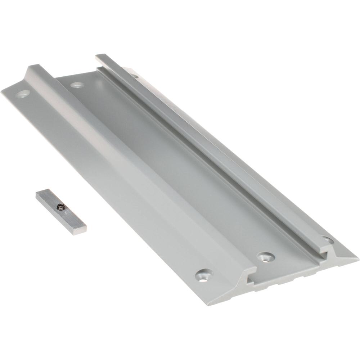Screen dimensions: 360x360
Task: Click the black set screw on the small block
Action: coord(59,207)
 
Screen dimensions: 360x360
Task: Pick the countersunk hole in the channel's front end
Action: coord(266,257)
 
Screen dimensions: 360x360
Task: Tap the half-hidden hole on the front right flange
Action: coord(328,239)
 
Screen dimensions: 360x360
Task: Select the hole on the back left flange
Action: coord(23,94)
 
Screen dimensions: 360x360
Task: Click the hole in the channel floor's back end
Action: coord(77,85)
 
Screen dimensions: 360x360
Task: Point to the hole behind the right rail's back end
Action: coord(134,76)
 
